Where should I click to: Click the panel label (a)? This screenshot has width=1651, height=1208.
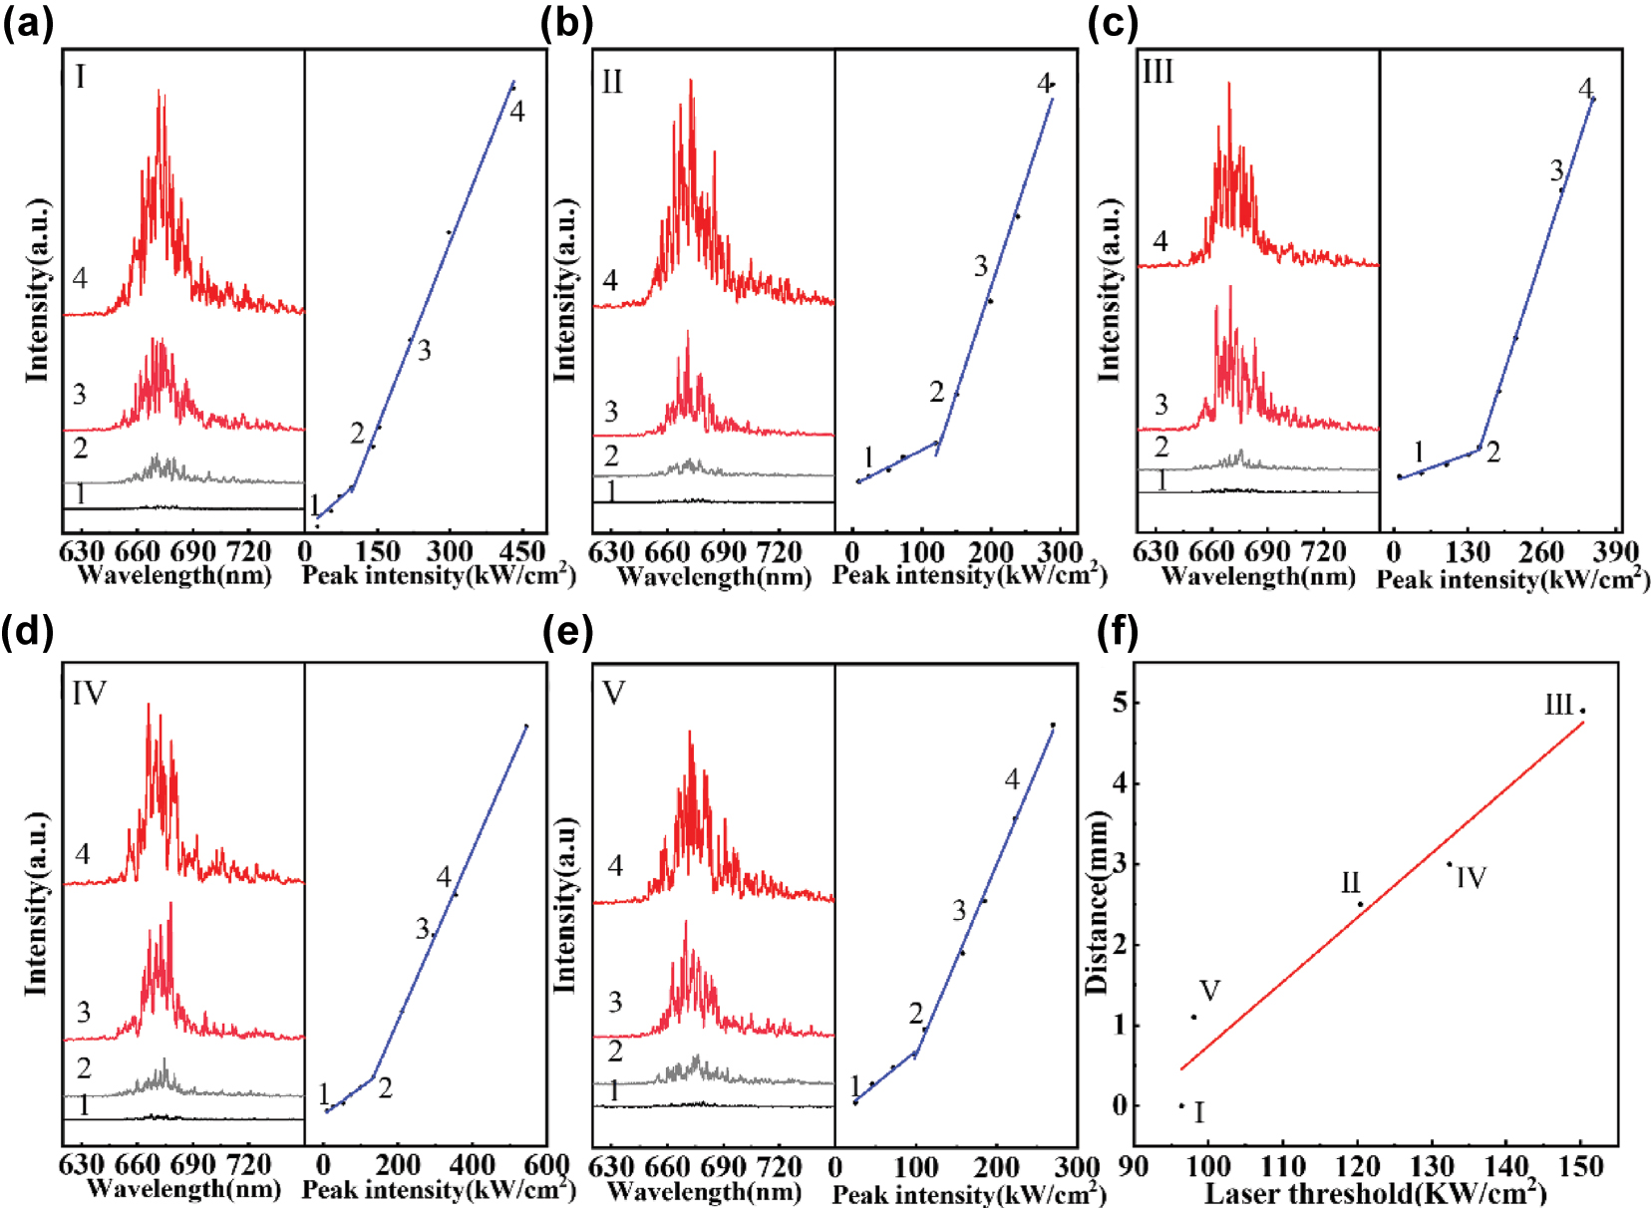tap(27, 22)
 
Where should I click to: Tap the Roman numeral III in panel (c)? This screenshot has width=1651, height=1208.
tap(1157, 73)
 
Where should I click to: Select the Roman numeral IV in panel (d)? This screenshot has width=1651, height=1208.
tap(89, 693)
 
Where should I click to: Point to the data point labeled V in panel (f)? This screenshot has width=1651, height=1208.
tap(1193, 1017)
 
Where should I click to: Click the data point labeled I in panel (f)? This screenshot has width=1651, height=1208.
tap(1181, 1105)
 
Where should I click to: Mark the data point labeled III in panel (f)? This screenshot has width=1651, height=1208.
tap(1582, 711)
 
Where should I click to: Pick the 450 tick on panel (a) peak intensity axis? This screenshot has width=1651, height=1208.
tap(522, 551)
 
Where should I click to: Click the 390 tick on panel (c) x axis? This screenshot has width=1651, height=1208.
tap(1615, 551)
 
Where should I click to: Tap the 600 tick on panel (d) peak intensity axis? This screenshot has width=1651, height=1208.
tap(547, 1165)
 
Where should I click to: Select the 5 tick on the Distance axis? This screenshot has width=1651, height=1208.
tap(1121, 703)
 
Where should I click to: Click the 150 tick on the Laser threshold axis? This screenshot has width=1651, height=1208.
tap(1581, 1166)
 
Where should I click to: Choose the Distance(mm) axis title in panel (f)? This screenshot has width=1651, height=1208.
tap(1097, 903)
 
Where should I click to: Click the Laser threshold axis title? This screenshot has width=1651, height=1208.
tap(1376, 1192)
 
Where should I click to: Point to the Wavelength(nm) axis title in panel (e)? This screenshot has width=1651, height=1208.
tap(704, 1191)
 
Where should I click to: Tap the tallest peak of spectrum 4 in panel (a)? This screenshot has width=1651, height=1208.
tap(159, 93)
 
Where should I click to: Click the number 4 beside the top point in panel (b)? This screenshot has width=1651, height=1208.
tap(1043, 83)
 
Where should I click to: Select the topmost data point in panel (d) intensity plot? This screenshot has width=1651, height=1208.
tap(526, 726)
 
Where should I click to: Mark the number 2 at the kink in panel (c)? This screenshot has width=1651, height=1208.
tap(1492, 453)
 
